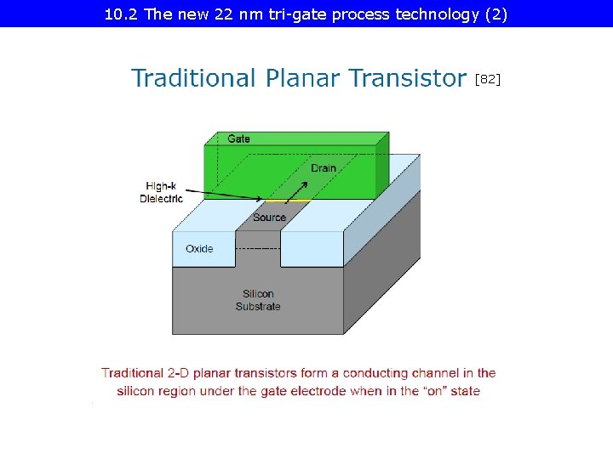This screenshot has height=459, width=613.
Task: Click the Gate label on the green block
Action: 238,139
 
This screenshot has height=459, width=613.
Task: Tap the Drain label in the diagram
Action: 323,168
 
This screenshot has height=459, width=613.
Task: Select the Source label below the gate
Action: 269,218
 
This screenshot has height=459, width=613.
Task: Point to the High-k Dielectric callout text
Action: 161,192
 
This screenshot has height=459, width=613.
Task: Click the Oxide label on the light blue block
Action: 199,249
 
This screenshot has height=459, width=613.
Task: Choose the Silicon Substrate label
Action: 258,300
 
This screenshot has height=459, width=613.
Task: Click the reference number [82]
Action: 488,79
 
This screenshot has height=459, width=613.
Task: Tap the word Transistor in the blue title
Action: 396,78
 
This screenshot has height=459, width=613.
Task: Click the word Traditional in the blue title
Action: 192,78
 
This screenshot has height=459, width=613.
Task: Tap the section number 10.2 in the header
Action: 121,14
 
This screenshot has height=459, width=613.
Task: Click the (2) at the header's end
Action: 496,14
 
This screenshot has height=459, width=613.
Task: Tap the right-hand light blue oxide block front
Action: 312,249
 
